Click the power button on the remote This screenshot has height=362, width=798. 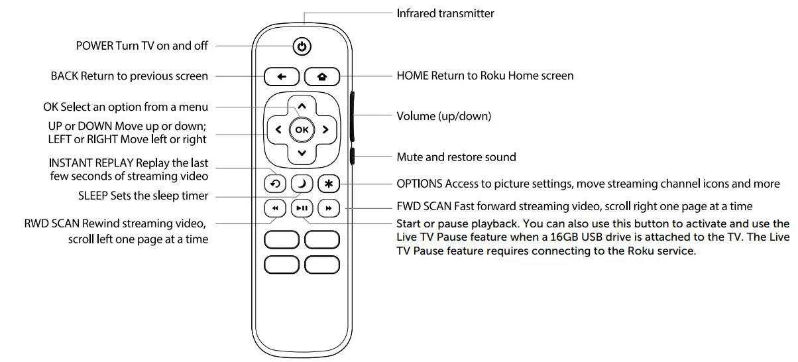click(302, 46)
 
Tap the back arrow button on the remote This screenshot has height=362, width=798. click(282, 77)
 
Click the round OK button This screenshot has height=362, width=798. click(302, 130)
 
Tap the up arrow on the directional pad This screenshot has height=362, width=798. click(302, 106)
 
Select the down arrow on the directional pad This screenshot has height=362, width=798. click(302, 153)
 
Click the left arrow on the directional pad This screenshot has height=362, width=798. click(278, 130)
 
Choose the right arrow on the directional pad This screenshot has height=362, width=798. click(325, 130)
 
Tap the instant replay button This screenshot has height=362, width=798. click(274, 184)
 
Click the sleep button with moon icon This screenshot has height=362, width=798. click(302, 184)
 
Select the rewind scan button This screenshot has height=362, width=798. click(274, 208)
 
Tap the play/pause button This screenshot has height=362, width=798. click(302, 208)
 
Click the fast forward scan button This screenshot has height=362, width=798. click(328, 208)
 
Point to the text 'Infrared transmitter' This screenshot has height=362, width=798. click(445, 13)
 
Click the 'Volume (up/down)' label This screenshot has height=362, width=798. click(443, 116)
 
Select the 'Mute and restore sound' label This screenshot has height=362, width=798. click(456, 157)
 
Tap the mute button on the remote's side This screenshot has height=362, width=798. click(352, 157)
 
